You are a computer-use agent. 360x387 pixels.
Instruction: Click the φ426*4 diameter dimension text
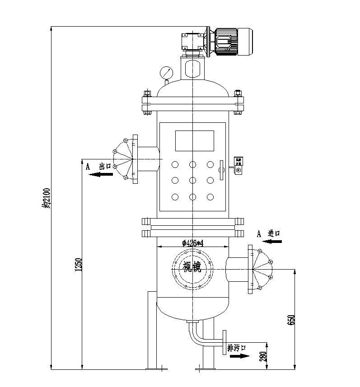193,243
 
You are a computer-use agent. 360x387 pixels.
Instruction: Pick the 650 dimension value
292,320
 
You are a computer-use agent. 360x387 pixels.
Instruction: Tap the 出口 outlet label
105,166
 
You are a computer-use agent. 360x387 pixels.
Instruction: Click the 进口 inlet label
274,233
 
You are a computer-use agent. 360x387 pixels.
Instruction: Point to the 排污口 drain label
236,348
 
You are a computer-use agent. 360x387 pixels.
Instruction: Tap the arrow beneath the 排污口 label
239,356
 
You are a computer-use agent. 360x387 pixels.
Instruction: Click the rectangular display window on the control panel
194,141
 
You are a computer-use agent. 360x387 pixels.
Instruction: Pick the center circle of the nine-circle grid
193,181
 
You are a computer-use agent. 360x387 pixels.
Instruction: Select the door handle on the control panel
222,170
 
